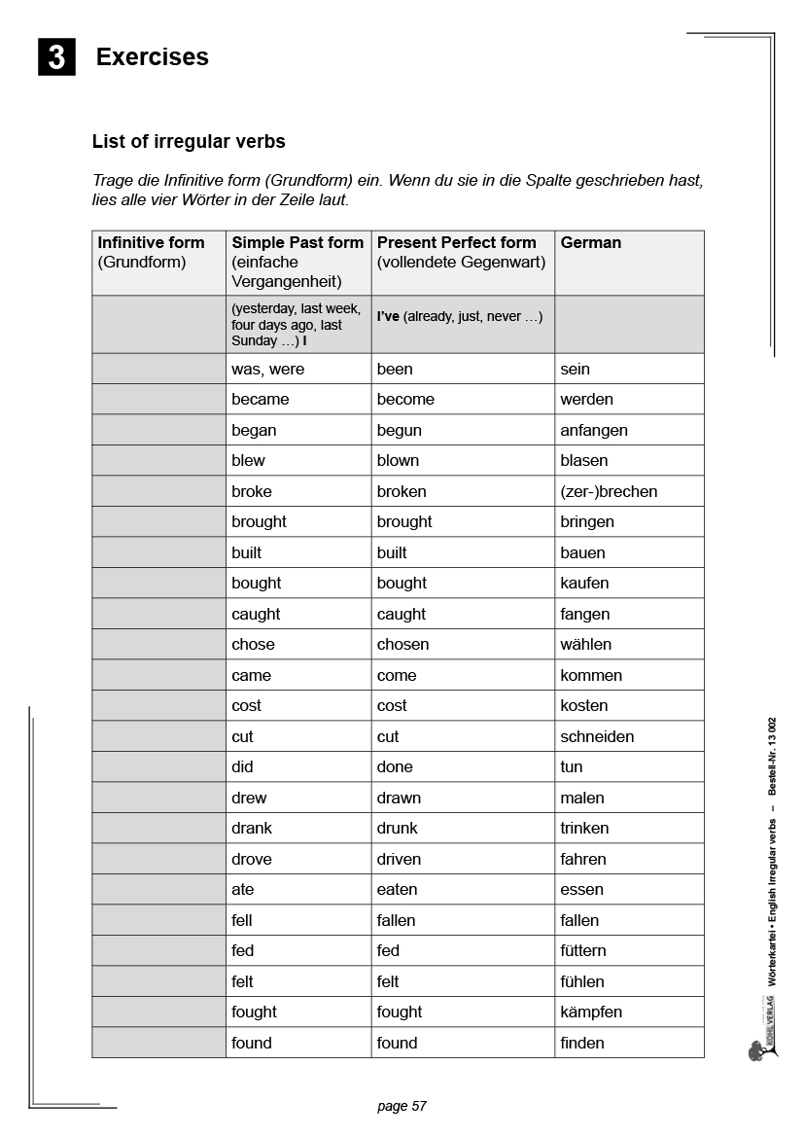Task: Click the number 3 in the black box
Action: coord(56,57)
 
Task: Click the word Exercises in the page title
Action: coord(152,57)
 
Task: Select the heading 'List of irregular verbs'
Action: coord(189,142)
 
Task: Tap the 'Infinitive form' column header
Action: coord(151,243)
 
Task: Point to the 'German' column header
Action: coord(590,243)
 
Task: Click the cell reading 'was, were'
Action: coord(267,369)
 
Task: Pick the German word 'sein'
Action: coord(575,369)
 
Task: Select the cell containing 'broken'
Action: coord(402,491)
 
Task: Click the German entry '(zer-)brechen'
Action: coord(609,491)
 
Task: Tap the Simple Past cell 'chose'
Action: coord(253,644)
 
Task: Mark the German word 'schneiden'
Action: coord(597,736)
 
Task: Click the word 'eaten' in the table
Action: coord(397,889)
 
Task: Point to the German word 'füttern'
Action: coord(582,950)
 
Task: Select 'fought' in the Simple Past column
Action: coord(254,1012)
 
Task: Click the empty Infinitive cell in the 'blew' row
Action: coord(158,460)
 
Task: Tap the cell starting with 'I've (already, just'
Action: coord(460,317)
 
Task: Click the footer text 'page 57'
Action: coord(402,1106)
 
